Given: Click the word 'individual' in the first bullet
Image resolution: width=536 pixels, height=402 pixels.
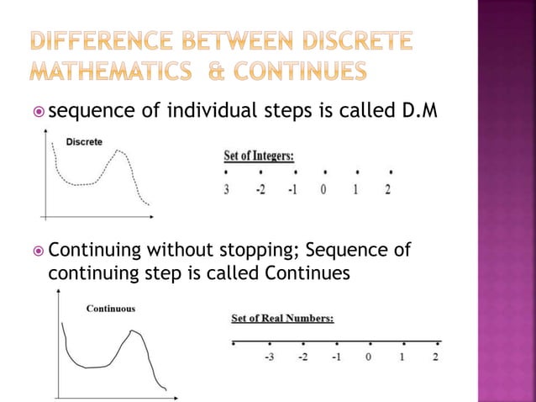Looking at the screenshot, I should point(199,113).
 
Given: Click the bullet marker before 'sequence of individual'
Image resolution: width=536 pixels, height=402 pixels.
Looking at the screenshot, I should point(38,114).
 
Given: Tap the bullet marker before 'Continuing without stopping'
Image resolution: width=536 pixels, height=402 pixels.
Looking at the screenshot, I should point(38,250).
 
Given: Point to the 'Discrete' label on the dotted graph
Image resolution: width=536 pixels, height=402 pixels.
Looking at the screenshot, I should point(84,142).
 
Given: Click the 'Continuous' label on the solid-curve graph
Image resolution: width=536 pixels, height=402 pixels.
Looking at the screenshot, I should point(110,309).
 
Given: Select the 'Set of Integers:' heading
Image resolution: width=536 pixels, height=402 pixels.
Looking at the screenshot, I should point(259,156).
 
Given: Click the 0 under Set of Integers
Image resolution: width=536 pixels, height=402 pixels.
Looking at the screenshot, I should point(323,189).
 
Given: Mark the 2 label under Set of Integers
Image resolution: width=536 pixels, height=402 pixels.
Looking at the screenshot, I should point(387,189).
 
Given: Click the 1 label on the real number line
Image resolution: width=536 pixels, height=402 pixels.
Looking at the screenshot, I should point(402,357).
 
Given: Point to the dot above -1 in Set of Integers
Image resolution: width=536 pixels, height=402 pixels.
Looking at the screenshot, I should point(292,172).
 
